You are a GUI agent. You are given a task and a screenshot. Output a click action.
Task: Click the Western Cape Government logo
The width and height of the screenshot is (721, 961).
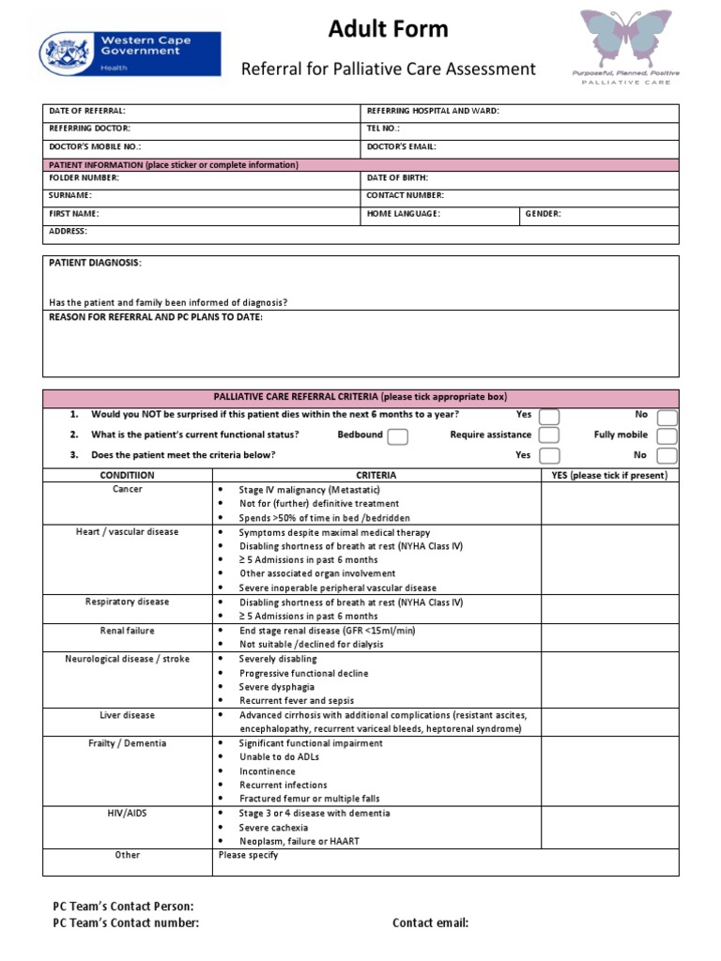(x=130, y=53)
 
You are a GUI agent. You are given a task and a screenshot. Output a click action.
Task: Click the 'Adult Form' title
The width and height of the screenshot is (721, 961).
(x=388, y=30)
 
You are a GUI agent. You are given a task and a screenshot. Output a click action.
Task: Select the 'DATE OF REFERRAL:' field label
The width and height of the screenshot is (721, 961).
(x=86, y=111)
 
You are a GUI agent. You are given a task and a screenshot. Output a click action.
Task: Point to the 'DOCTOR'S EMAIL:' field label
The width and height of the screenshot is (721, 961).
(x=401, y=146)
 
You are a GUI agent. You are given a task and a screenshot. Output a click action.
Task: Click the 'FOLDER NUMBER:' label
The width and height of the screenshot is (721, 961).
(x=84, y=177)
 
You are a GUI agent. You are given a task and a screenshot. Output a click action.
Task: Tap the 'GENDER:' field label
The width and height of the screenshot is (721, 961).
(x=544, y=213)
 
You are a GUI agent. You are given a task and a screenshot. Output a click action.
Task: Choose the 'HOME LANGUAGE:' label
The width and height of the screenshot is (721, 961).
(x=403, y=213)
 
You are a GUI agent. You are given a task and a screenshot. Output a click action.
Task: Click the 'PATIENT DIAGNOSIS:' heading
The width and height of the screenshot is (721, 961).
(x=95, y=263)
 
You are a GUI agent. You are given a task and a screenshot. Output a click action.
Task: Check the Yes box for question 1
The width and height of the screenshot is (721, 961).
(x=549, y=416)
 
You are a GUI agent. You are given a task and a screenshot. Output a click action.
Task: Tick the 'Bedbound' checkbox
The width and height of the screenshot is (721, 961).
(x=397, y=436)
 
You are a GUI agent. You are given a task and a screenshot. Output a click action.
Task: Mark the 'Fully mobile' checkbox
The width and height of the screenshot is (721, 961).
(x=667, y=436)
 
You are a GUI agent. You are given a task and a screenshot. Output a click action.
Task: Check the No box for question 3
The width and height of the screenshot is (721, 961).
(x=667, y=456)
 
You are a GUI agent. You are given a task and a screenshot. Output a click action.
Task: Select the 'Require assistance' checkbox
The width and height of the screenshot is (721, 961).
(x=549, y=435)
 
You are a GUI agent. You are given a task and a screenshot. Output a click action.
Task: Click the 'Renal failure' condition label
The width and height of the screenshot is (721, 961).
(x=127, y=631)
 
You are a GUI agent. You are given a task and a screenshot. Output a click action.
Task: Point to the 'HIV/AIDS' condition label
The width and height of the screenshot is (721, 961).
(x=127, y=813)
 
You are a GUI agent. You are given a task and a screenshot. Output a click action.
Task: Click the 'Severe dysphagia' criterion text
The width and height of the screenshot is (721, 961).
(x=276, y=687)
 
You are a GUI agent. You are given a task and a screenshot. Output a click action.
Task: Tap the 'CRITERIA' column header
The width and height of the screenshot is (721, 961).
(x=376, y=475)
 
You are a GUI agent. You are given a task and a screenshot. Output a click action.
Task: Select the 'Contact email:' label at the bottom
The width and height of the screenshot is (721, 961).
(x=430, y=923)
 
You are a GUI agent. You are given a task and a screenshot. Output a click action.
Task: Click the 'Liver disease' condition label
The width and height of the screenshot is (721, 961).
(x=127, y=715)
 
